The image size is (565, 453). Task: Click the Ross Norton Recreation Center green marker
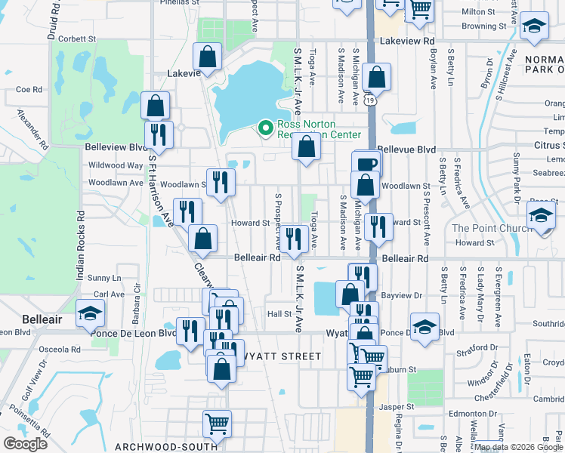point(264,128)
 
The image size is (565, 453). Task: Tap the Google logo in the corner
point(25,444)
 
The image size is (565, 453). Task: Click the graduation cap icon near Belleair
point(89,310)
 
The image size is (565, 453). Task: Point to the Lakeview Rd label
point(408,41)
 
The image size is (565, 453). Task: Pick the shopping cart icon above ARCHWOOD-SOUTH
point(218,423)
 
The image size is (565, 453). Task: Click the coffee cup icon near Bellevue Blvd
point(366,163)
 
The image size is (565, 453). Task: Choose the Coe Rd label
point(28,89)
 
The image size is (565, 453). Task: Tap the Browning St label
point(479,26)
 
